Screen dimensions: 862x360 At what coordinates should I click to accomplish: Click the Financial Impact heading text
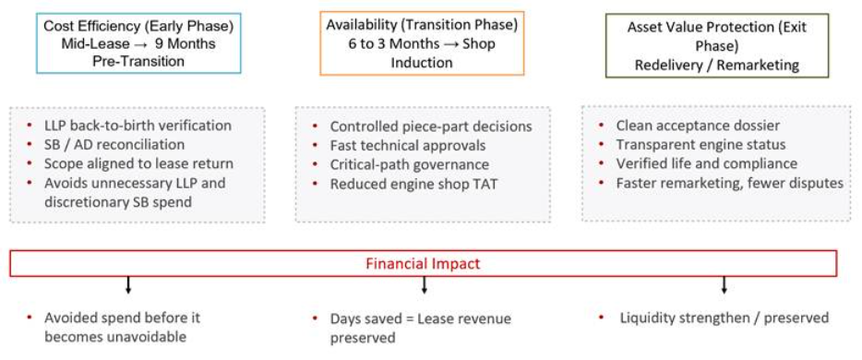[423, 264]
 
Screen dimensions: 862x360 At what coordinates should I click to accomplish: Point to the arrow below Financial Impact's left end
[128, 285]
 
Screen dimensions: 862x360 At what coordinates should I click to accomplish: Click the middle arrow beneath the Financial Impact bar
[424, 285]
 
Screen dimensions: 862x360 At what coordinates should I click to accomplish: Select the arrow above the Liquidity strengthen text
[724, 284]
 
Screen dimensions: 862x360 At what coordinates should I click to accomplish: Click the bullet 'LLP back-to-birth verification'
[138, 126]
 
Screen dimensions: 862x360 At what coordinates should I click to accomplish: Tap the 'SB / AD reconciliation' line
[114, 145]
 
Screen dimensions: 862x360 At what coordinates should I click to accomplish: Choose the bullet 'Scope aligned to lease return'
[139, 163]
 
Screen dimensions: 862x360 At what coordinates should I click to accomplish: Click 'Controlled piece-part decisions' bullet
[431, 127]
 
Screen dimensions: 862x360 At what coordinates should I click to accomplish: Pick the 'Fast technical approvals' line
[408, 146]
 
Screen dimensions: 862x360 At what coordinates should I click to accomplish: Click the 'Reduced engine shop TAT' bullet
[413, 184]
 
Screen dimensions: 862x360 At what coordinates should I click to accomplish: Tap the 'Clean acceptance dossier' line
[698, 126]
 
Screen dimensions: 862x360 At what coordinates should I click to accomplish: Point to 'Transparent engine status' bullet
[700, 145]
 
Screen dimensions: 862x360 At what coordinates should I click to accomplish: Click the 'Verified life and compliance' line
[706, 163]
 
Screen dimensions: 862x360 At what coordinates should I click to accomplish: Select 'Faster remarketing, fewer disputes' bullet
[729, 183]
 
